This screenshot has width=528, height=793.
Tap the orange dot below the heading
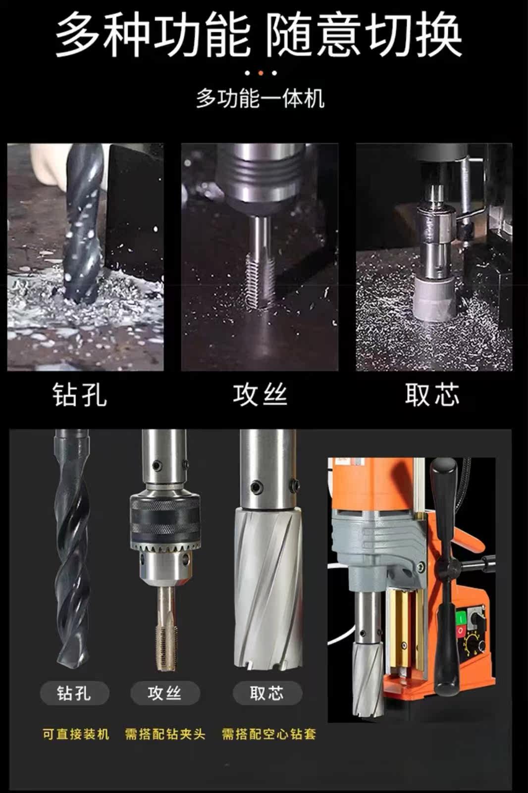point(261,73)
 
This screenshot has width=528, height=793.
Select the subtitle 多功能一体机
point(260,99)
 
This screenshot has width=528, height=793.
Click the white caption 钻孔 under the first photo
point(80,395)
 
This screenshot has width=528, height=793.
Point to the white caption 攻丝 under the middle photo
point(260,395)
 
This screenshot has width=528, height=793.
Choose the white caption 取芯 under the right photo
point(432,395)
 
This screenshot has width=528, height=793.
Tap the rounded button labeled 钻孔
point(74,693)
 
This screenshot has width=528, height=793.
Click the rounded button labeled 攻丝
point(165,693)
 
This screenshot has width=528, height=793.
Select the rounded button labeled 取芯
point(267,693)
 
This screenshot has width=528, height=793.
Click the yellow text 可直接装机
point(76,734)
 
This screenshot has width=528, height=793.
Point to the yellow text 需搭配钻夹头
point(165,734)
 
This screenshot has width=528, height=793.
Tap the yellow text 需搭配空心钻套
point(269,734)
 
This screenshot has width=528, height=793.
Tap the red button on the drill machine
point(461,631)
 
